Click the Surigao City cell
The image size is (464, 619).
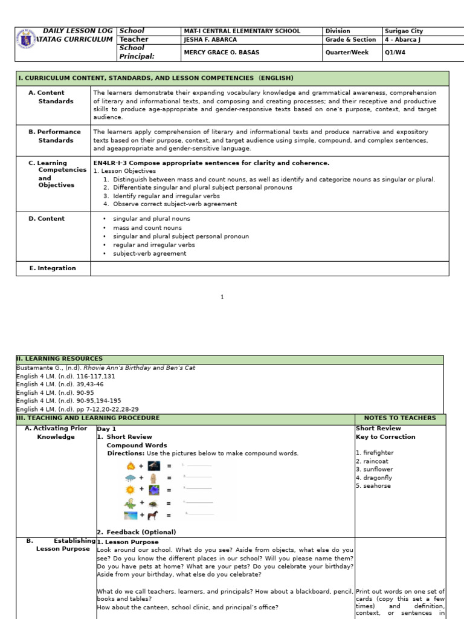point(404,31)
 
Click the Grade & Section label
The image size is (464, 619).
point(350,40)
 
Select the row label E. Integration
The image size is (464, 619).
point(53,268)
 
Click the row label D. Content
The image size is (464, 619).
point(47,219)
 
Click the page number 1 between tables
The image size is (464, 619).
point(222,297)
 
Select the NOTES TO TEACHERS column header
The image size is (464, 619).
point(399,418)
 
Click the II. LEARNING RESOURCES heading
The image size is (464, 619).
point(59,359)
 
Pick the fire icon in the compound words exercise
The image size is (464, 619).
point(130,466)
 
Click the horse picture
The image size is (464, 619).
point(153,515)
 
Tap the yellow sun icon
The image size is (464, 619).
point(130,490)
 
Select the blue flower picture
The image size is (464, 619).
point(154,490)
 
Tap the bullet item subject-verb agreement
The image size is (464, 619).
point(149,254)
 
